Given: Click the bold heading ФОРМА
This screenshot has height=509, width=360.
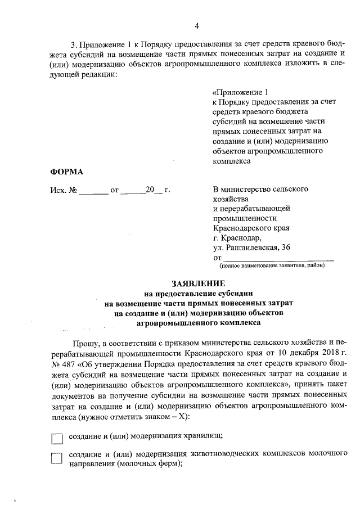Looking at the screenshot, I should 66,172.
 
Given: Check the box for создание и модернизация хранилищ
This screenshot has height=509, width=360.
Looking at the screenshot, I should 57,437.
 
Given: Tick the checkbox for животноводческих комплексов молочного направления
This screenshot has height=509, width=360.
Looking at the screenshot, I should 57,458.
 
